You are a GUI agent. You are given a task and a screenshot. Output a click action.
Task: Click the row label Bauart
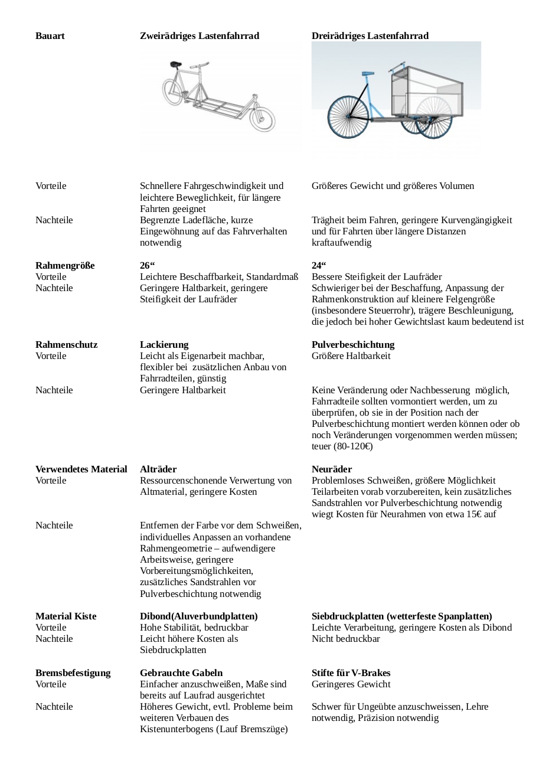(50, 36)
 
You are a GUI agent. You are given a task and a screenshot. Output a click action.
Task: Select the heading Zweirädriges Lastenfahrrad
(199, 36)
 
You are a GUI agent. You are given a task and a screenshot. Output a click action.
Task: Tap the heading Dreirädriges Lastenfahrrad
(370, 36)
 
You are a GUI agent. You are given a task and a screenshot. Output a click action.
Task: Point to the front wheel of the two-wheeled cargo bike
(262, 119)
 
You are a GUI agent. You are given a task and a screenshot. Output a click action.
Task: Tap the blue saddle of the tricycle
(368, 73)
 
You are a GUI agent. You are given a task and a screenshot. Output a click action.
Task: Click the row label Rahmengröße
(65, 266)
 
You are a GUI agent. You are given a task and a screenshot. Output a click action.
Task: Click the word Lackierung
(164, 345)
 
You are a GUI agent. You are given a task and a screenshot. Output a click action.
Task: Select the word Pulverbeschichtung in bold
(353, 345)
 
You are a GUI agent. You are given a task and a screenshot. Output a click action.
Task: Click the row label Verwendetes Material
(81, 469)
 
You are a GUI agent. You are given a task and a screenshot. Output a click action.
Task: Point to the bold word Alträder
(158, 469)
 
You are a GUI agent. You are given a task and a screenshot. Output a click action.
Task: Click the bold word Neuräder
(332, 469)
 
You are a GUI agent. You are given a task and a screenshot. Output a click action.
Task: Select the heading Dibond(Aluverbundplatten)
(198, 616)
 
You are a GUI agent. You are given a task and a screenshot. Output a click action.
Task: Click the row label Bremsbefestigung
(73, 673)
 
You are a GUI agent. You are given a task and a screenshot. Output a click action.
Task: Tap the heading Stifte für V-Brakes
(351, 673)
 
